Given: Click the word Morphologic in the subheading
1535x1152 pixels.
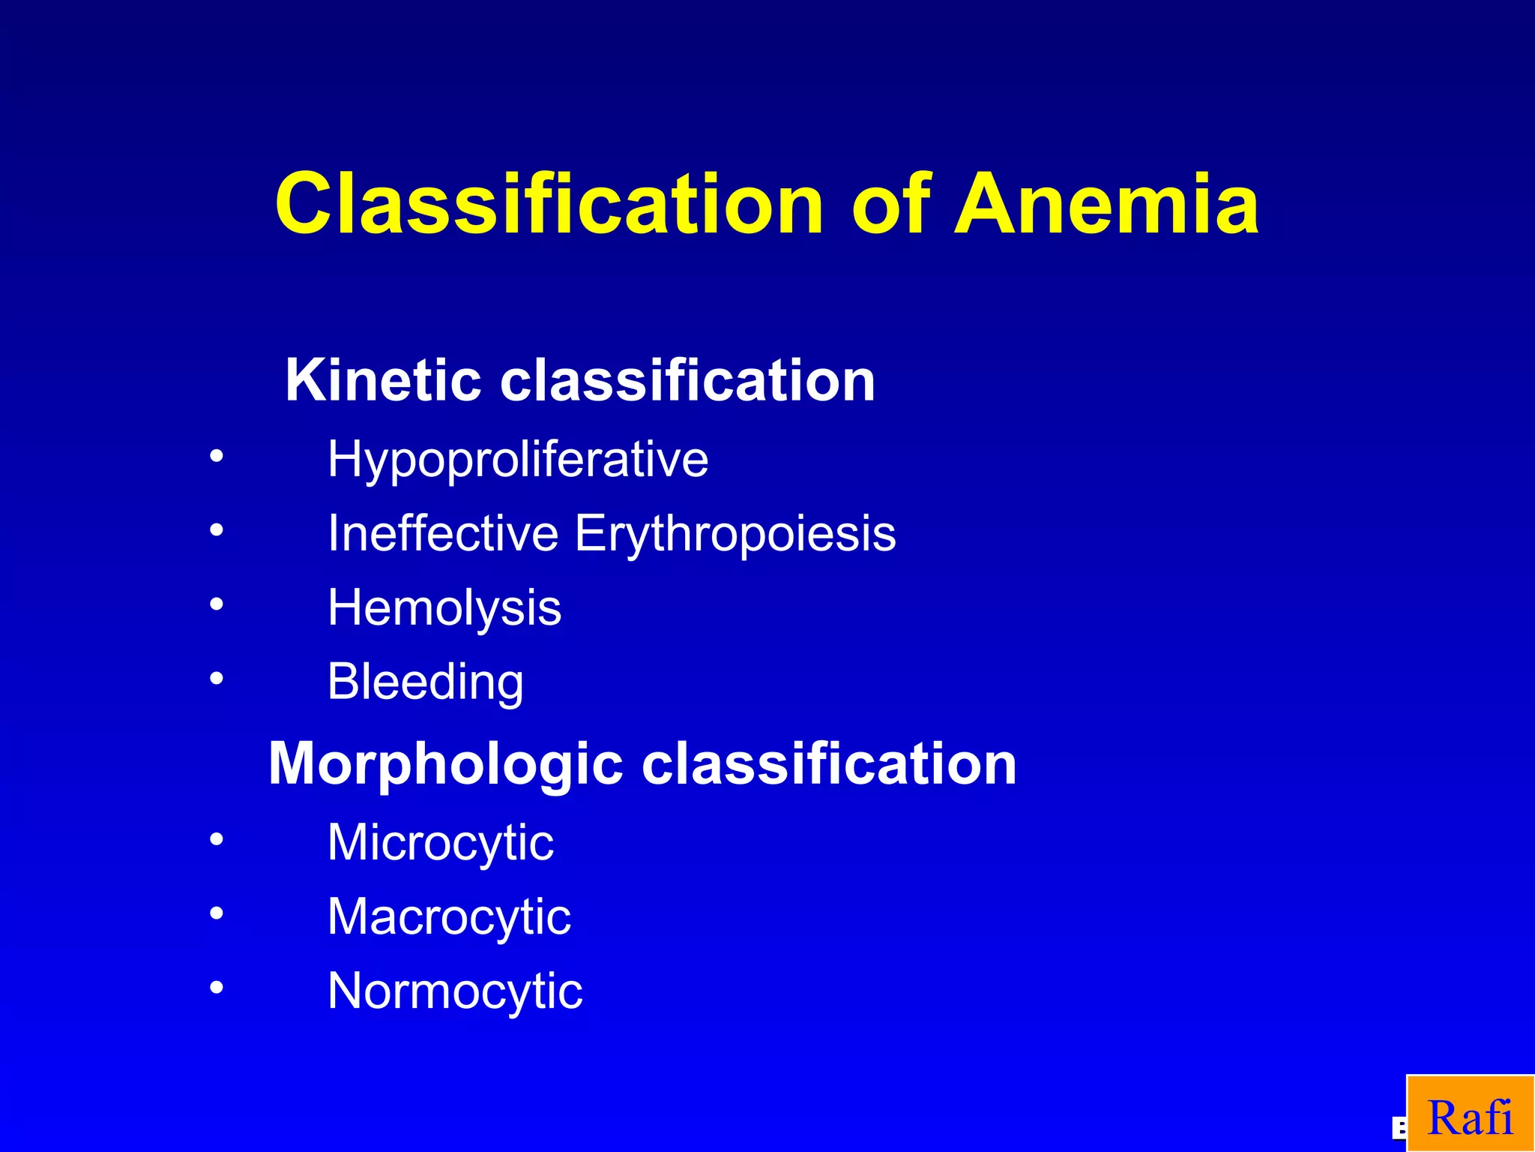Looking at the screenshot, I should (445, 763).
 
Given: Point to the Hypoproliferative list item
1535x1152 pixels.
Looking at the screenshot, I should (517, 459).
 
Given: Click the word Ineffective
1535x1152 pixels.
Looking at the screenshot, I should (443, 533).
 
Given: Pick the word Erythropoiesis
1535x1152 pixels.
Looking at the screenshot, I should (735, 535).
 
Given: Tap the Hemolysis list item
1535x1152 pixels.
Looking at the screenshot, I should (444, 607).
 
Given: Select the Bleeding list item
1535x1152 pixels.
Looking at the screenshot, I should (425, 682).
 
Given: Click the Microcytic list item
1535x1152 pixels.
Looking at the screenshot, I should (441, 843).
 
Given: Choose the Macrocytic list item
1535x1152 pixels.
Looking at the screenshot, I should (449, 917).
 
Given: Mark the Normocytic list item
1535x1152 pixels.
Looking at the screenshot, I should (455, 991).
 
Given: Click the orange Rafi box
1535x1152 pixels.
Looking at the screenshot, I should (1470, 1114).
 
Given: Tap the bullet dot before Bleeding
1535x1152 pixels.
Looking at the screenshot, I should (217, 679).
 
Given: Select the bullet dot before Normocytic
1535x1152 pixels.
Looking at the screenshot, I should (217, 988).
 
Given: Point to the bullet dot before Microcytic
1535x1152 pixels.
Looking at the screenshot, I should (217, 839).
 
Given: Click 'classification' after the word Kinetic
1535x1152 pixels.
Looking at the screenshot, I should (687, 380).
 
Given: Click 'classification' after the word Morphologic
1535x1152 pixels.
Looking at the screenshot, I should (829, 763).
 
